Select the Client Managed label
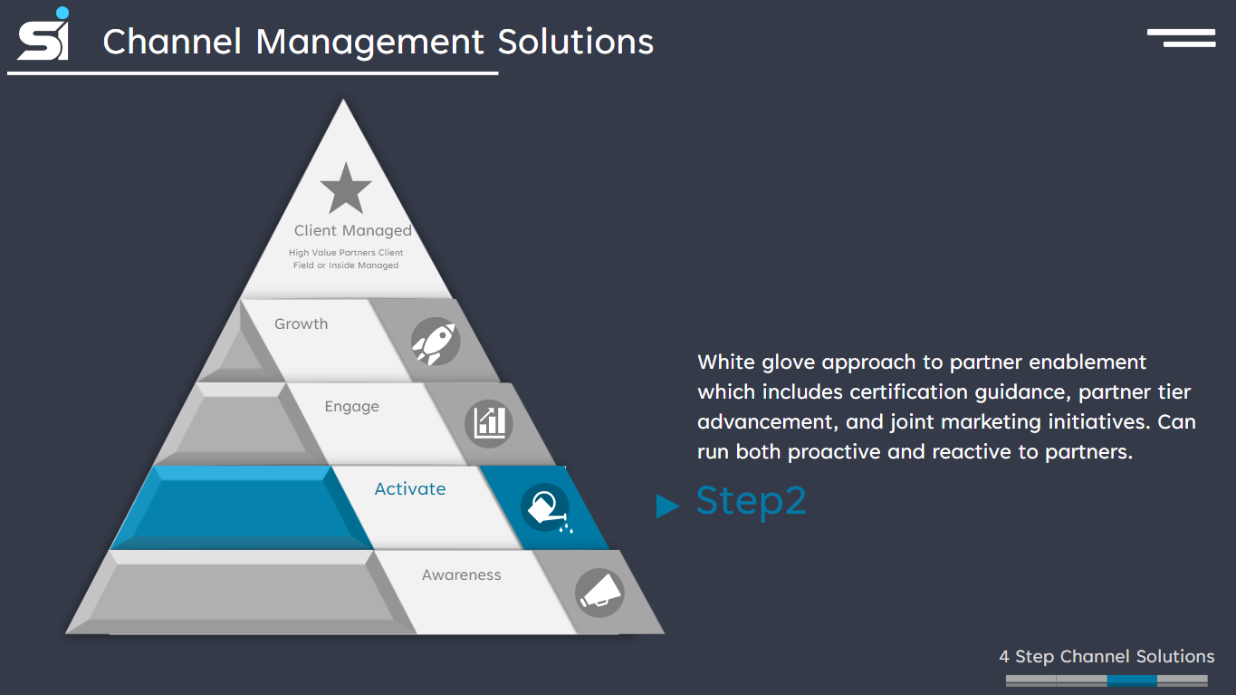click(x=352, y=231)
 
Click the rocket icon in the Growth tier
click(x=436, y=342)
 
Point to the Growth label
click(x=302, y=323)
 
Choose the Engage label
click(x=351, y=406)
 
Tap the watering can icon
click(x=545, y=507)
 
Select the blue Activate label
click(x=410, y=488)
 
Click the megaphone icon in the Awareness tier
click(x=599, y=593)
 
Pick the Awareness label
click(x=461, y=574)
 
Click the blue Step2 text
click(x=751, y=501)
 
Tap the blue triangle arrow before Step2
click(x=667, y=506)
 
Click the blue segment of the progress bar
click(x=1132, y=680)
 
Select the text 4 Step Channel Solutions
click(x=1107, y=656)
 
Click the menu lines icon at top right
click(x=1182, y=37)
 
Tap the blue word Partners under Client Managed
click(x=357, y=253)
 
